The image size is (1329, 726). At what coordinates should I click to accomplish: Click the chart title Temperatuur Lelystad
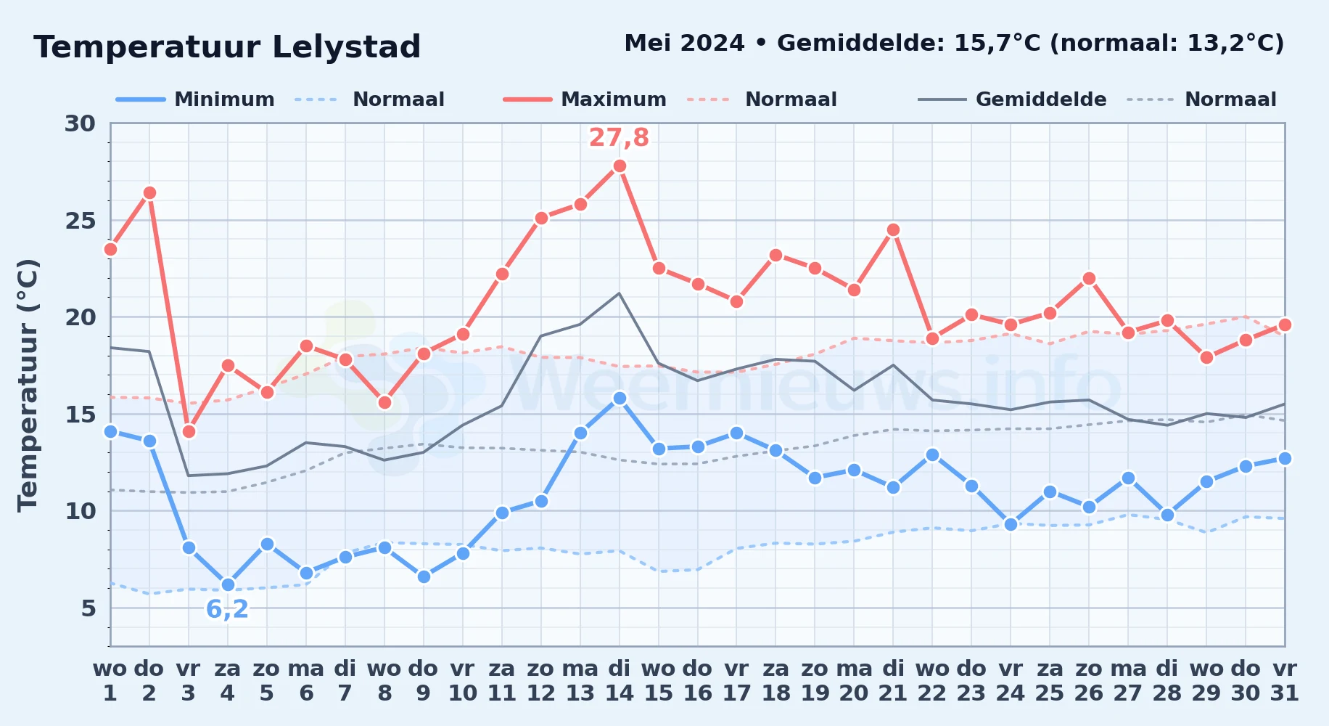[227, 47]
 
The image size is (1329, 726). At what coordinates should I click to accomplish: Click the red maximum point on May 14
[620, 166]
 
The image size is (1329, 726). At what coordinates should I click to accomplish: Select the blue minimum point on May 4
[228, 584]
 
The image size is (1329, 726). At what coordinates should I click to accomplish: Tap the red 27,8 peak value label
[619, 137]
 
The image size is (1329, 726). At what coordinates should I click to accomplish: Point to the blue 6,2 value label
[227, 609]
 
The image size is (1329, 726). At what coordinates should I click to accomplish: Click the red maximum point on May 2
[149, 192]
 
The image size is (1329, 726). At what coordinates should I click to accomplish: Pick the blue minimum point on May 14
[620, 398]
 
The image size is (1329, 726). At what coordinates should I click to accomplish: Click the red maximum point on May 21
[893, 229]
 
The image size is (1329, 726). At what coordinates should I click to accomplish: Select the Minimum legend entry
[195, 99]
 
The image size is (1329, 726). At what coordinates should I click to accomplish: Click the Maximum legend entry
[585, 99]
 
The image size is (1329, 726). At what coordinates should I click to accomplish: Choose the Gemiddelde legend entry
[1012, 99]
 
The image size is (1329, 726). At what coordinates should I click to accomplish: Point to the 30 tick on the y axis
[80, 123]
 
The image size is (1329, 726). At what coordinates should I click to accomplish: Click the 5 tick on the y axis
[89, 608]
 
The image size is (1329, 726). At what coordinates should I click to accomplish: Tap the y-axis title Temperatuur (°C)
[28, 385]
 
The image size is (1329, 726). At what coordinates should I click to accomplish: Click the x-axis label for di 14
[620, 680]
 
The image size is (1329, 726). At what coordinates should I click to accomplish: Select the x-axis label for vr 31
[1285, 680]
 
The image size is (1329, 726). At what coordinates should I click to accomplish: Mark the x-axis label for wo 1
[110, 680]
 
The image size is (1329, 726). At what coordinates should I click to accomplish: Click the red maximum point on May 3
[189, 431]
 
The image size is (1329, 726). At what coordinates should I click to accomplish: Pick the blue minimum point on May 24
[1011, 524]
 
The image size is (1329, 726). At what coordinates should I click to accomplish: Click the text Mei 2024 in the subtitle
[684, 43]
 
